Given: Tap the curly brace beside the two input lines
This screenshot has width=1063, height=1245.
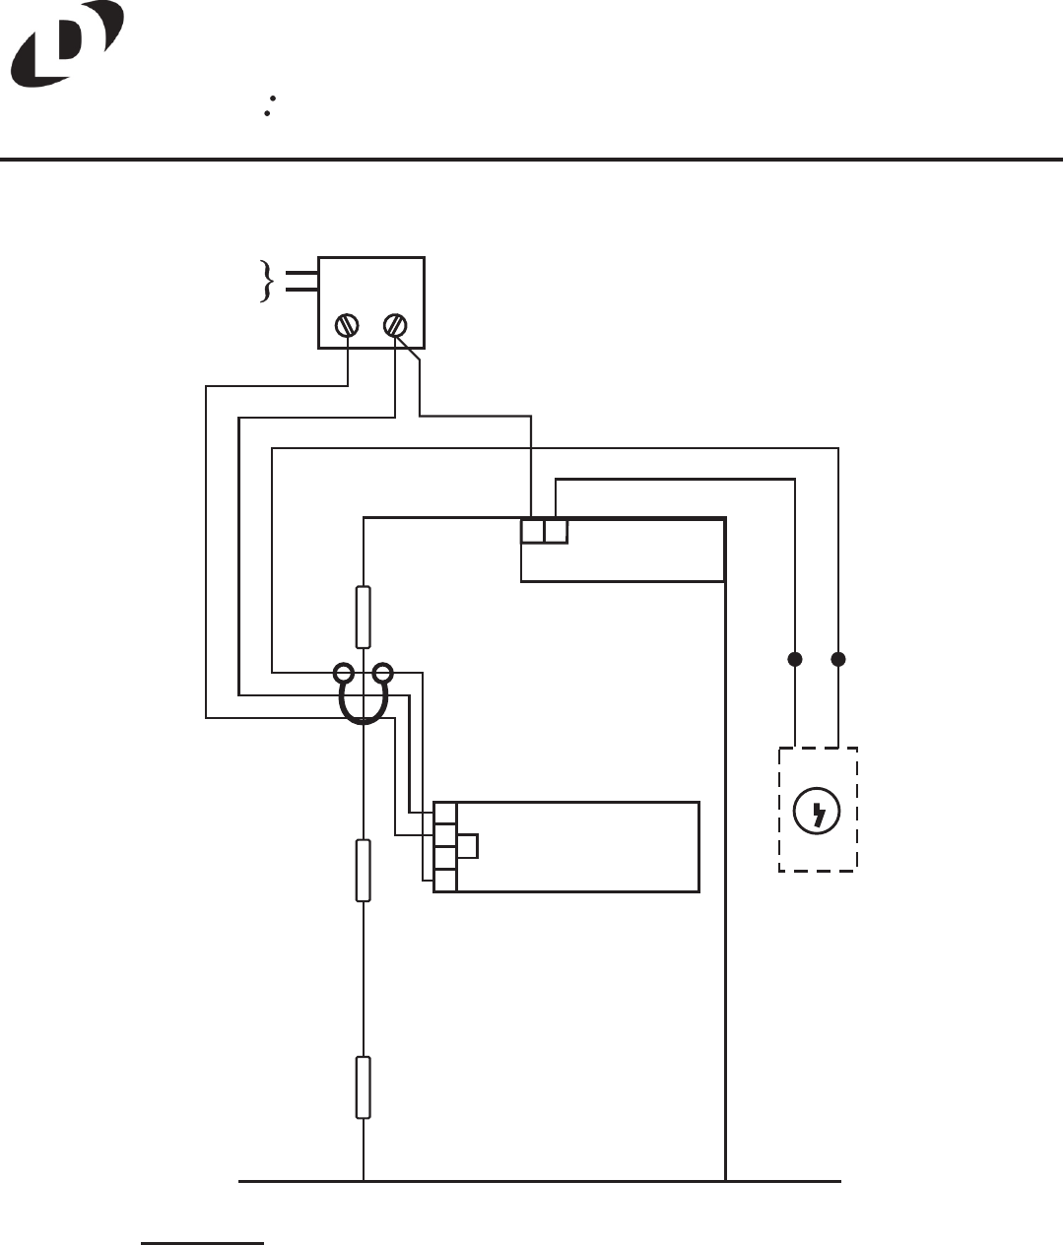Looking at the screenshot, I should pos(265,281).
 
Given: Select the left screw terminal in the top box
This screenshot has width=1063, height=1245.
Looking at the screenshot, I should pos(347,325).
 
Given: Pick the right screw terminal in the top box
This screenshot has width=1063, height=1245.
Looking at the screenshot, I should pos(395,324).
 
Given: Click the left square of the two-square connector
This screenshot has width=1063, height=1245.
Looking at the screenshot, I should pos(532,532).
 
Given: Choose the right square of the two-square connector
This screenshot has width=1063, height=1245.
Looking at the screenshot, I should pos(556,532).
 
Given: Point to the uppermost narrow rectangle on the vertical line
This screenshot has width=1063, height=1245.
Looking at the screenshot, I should pos(364,618).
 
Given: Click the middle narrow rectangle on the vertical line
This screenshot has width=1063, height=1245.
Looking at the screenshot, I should pos(364,871).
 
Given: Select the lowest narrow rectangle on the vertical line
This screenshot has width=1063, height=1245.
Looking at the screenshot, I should pos(364,1087).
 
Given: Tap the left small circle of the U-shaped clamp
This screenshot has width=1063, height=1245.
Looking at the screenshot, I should pos(344,675).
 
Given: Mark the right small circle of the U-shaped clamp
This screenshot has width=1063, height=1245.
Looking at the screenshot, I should pos(383,675).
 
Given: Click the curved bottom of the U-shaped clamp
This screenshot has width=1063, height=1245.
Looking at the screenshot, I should pos(364,719).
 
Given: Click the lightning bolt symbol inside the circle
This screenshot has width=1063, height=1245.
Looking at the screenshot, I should pos(818,813).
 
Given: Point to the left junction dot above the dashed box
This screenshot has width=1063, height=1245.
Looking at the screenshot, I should pos(794,658).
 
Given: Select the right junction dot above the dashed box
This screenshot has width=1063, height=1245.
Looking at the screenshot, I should pos(838,658).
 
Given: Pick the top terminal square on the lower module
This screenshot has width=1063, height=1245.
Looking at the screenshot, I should pos(445,814).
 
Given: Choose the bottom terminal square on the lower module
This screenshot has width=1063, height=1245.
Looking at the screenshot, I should pos(445,881).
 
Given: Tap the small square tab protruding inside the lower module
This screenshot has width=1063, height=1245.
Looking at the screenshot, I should pos(468,846).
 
